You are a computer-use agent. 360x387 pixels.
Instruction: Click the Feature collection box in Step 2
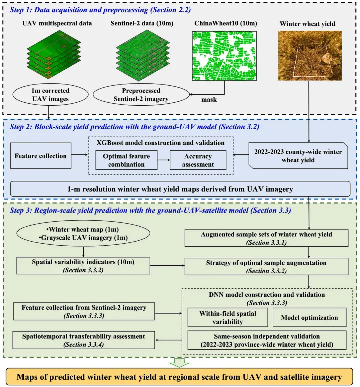click(x=40, y=156)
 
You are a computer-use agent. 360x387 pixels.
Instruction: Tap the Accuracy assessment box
click(x=199, y=159)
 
